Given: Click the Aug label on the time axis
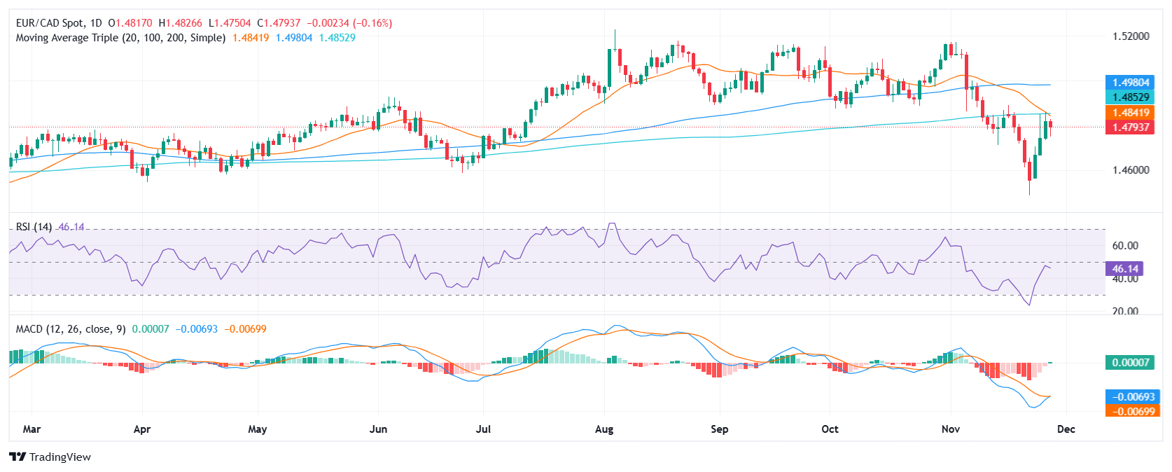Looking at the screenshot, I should pos(604,429).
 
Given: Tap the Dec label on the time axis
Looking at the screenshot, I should pos(1066,429).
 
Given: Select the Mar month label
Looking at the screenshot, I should pos(32,429).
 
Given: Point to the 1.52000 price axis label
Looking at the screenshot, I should pos(1131,36).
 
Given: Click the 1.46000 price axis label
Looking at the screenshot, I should pos(1131,169).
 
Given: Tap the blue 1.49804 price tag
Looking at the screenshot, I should pos(1130,83).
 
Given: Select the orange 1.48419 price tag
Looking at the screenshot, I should pos(1130,113).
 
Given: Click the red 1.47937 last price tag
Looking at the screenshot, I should pos(1130,127).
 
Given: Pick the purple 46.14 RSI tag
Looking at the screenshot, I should pos(1124,269).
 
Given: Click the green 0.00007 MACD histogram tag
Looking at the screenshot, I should pos(1130,363).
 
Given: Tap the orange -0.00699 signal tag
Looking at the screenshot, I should pos(1130,412).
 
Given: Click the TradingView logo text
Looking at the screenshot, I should pos(60,457).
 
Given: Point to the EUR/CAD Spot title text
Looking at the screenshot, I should pos(49,23).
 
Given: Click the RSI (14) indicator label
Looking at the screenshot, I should pos(34,227).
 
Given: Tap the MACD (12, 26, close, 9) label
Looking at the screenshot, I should pos(71,329).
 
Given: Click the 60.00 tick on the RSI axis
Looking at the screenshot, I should pos(1125,246).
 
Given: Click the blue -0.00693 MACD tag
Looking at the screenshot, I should pos(1130,397).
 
